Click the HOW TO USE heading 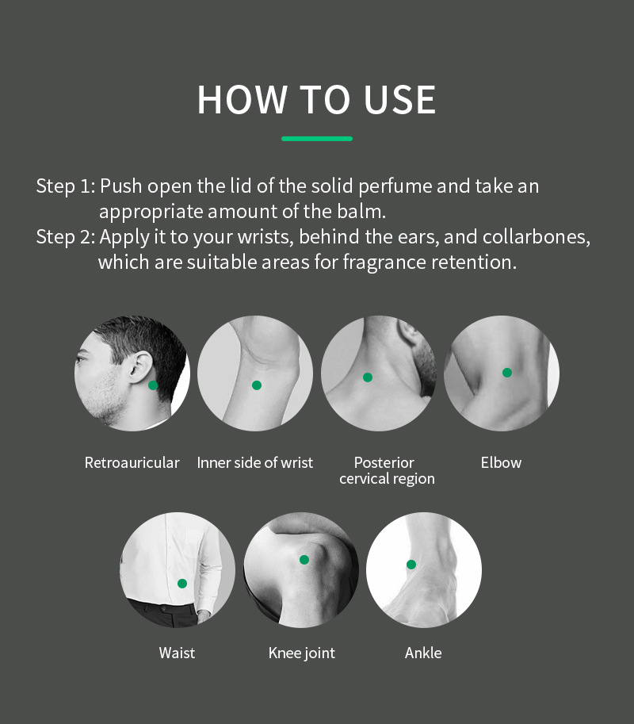(316, 99)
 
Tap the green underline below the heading (317, 139)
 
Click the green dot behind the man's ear (153, 385)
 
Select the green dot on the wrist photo (257, 385)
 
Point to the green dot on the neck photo (368, 377)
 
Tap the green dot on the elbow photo (507, 372)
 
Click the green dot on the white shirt (182, 584)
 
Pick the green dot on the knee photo (304, 560)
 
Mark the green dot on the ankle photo (411, 565)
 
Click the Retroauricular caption (132, 462)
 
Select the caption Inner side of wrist (254, 462)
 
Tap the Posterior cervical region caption (387, 470)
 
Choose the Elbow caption (501, 462)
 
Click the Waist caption (177, 653)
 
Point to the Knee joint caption (302, 653)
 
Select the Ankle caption (423, 653)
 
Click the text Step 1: (66, 186)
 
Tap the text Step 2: (66, 237)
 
